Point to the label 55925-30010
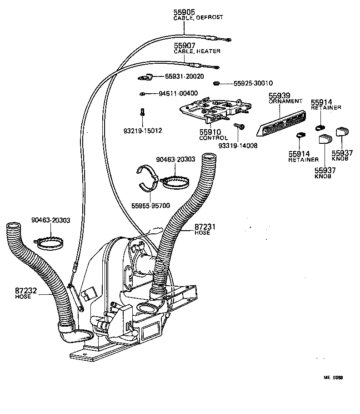tap(253, 83)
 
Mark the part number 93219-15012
tap(142, 131)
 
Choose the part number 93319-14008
tap(238, 146)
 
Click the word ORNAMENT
tap(285, 101)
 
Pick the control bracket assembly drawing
tap(214, 110)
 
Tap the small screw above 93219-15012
tap(142, 111)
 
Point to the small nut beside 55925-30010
tap(217, 83)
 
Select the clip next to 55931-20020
tap(145, 78)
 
